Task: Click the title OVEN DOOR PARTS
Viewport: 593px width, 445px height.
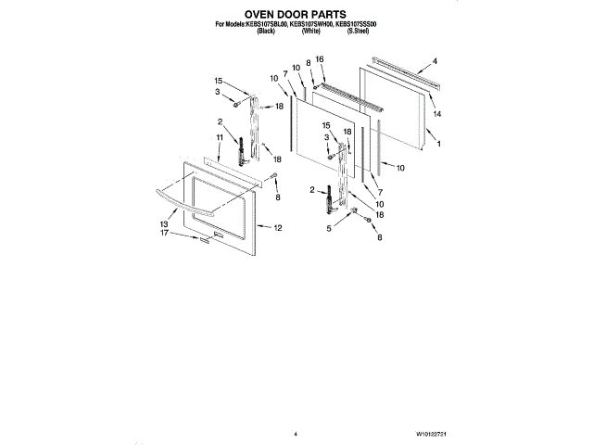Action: point(296,14)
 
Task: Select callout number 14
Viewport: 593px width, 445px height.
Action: point(436,113)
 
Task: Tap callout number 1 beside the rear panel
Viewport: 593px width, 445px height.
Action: point(437,144)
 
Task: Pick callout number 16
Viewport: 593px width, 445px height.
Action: point(320,58)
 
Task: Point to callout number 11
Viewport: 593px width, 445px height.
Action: point(220,138)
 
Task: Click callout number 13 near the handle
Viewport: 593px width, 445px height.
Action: point(163,224)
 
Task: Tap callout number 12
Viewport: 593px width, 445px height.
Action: point(278,228)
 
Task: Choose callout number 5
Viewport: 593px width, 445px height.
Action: point(328,227)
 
